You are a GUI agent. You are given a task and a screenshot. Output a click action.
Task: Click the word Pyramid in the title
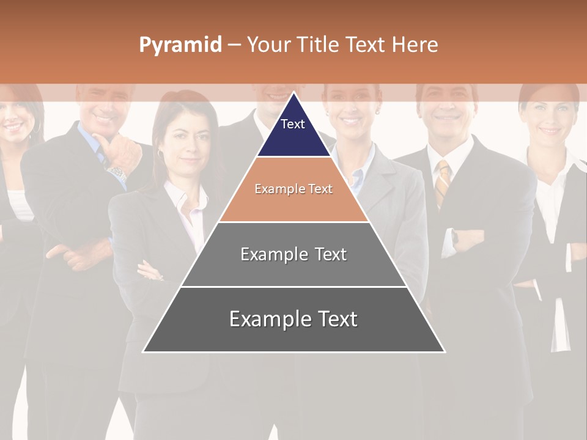pyautogui.click(x=180, y=45)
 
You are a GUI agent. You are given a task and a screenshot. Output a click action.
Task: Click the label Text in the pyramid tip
pyautogui.click(x=293, y=124)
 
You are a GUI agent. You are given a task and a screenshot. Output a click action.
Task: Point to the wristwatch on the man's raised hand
pyautogui.click(x=118, y=172)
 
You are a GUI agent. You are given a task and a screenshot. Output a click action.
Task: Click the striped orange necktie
pyautogui.click(x=442, y=182)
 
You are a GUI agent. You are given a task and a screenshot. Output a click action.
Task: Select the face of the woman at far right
pyautogui.click(x=548, y=116)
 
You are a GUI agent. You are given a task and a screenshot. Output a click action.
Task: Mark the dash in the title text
pyautogui.click(x=234, y=45)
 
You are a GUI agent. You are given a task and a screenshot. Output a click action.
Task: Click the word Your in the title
pyautogui.click(x=269, y=45)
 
